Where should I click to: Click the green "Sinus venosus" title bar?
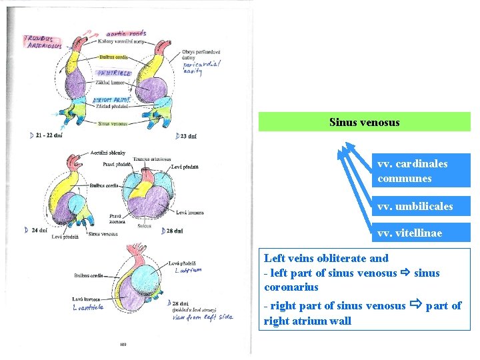point(364,122)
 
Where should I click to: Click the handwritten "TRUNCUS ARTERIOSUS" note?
point(43,43)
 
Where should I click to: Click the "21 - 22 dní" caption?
point(49,135)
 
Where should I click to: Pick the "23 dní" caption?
point(187,137)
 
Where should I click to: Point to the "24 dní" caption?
point(38,231)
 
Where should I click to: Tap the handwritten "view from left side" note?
point(203,317)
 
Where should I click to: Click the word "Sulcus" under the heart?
point(143,227)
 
